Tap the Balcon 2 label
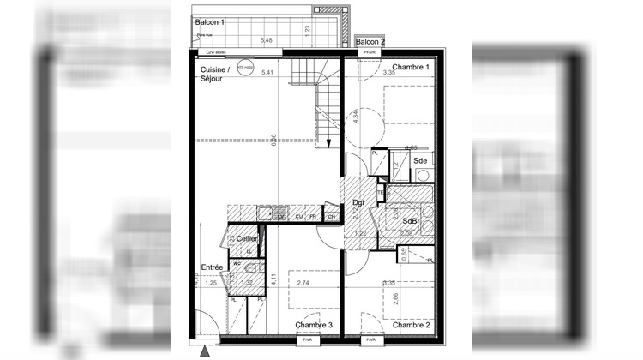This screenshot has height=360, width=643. pos(370,41)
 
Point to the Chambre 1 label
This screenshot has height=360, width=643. pos(409,67)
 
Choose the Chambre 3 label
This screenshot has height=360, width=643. pos(313,325)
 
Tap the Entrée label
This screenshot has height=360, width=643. pos(213,267)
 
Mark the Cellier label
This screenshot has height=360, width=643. pos(247,239)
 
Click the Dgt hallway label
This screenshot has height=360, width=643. pos(358,202)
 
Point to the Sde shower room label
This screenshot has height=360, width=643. pos(420,160)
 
